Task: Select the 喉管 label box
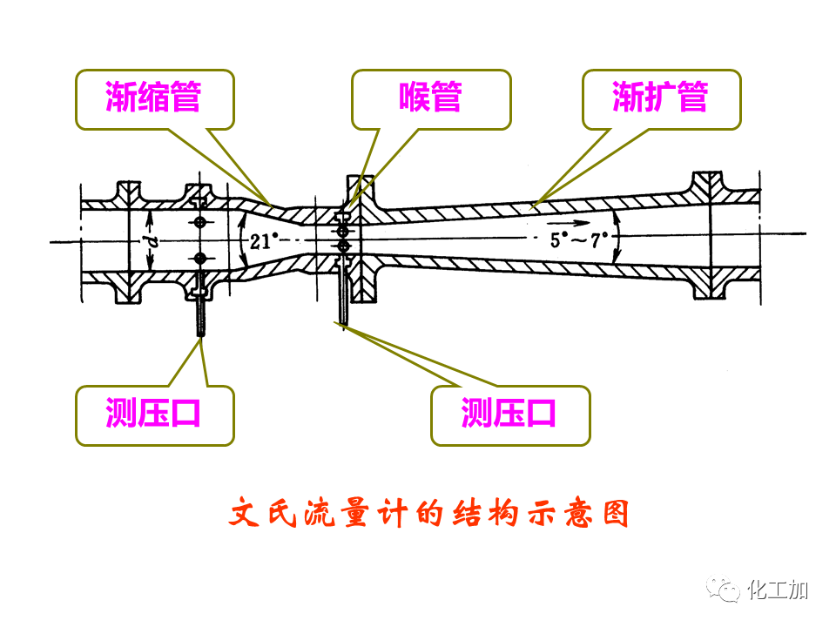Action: [x=430, y=99]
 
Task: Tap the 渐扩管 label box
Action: [x=661, y=99]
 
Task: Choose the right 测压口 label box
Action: [x=510, y=415]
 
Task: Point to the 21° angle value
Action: [x=262, y=242]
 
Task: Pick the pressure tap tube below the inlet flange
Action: [x=200, y=313]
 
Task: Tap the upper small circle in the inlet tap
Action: [x=200, y=223]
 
